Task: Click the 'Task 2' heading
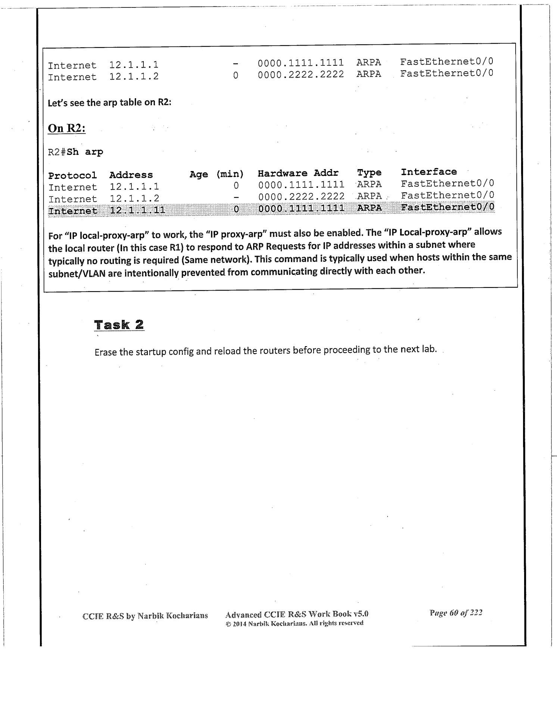point(119,324)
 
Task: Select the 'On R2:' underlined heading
point(67,128)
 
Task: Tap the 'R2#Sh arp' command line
point(76,152)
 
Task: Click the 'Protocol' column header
point(72,175)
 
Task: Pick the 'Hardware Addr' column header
point(298,173)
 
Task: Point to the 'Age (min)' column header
point(217,174)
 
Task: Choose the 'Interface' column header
point(429,172)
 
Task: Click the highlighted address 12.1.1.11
point(137,211)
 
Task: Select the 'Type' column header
point(369,173)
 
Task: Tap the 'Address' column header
point(131,175)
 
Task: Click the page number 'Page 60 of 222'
point(456,613)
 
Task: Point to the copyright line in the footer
point(295,623)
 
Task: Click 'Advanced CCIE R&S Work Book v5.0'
point(297,614)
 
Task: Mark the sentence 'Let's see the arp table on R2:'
point(109,103)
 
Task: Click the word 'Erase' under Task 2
point(106,352)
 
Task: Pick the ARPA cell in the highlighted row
point(369,208)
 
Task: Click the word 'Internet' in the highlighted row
point(73,211)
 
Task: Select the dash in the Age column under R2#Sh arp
point(236,196)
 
